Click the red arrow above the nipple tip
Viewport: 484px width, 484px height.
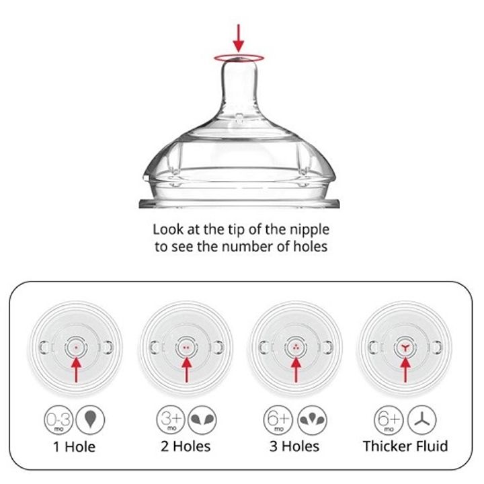coord(238,38)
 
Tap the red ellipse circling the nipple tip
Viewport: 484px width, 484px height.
coord(239,54)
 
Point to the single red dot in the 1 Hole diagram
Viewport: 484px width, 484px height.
coord(76,348)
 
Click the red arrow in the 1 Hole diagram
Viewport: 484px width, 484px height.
coord(76,369)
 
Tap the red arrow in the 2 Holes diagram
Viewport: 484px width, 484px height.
coord(186,369)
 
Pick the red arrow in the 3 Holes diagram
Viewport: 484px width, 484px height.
coord(296,369)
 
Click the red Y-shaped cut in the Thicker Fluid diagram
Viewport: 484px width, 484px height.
coord(405,348)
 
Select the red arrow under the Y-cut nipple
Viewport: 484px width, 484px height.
coord(405,369)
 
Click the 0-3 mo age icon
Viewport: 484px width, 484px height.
coord(58,420)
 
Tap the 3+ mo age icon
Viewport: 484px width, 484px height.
coord(171,420)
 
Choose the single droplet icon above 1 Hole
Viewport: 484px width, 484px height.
coord(90,420)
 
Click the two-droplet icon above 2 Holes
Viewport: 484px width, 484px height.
coord(202,420)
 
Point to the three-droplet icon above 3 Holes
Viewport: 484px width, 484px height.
coord(312,420)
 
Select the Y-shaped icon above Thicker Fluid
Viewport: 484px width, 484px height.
coord(421,420)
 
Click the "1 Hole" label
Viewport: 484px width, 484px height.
coord(75,447)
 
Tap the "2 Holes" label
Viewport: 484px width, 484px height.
coord(186,446)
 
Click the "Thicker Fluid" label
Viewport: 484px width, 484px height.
coord(405,446)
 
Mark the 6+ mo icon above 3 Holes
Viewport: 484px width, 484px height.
coord(278,420)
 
